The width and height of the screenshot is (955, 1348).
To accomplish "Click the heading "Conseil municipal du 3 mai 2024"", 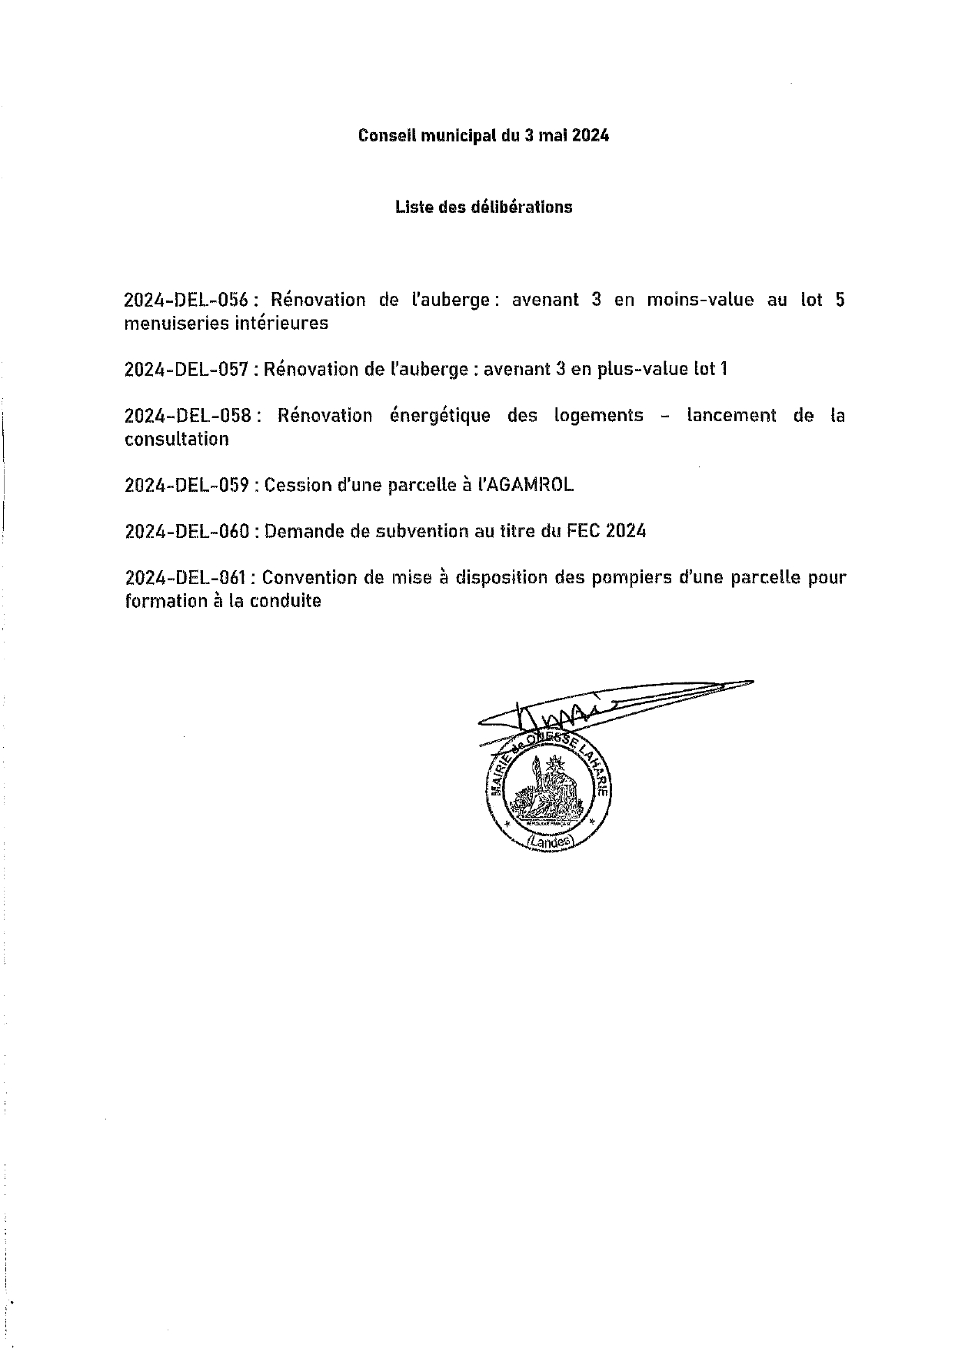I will [484, 136].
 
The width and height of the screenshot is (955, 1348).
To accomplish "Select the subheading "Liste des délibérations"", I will [484, 207].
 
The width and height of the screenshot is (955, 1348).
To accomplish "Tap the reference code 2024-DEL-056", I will [188, 300].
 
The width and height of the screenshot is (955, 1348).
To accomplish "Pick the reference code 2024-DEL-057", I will [187, 370].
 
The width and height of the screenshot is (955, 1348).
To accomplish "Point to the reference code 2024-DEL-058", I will [188, 416].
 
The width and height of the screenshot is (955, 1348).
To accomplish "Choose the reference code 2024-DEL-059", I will [187, 485].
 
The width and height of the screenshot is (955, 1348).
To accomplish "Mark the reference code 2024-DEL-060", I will [187, 531].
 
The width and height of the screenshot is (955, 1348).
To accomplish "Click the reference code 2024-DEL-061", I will [187, 577].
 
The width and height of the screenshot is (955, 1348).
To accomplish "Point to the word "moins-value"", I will [700, 300].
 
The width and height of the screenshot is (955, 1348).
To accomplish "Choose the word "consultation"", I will [177, 440].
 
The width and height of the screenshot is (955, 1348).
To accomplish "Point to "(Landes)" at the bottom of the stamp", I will [551, 842].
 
